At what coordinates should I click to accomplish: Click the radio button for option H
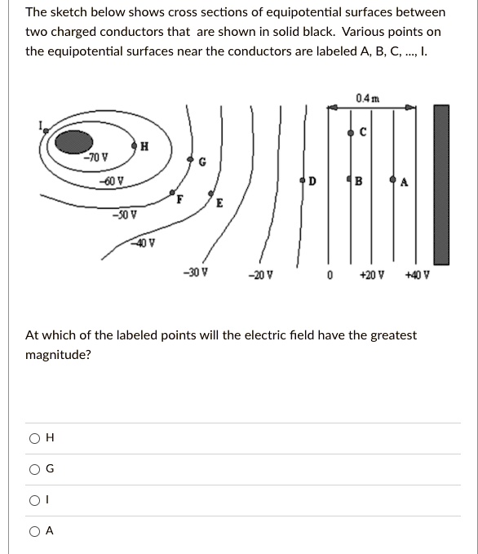(35, 438)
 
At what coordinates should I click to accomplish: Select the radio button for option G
(35, 469)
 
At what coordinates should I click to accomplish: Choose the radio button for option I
(35, 500)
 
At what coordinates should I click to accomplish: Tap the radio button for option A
(35, 531)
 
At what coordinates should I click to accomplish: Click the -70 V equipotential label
(98, 157)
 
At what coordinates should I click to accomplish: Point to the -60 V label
(112, 180)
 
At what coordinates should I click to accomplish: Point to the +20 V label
(371, 275)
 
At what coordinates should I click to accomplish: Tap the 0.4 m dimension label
(366, 99)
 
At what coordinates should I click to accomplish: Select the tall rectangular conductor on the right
(440, 184)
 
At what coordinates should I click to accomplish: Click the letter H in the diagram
(144, 147)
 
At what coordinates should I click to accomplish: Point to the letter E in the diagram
(219, 204)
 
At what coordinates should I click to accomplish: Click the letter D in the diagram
(312, 181)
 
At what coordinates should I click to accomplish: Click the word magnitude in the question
(59, 354)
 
